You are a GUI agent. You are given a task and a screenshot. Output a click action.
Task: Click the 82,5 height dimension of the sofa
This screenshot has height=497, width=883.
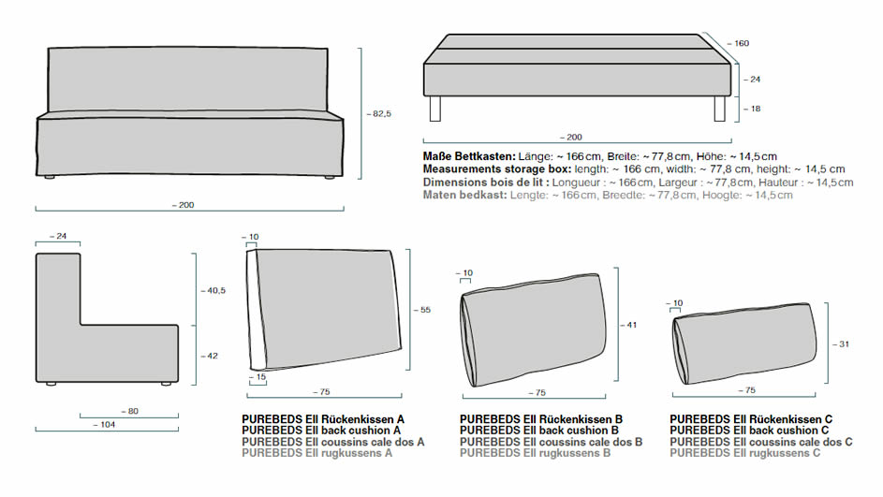379,113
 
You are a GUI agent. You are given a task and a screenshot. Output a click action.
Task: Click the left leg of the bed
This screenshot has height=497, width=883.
435,109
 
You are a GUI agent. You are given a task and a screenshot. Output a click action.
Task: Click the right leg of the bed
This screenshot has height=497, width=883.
719,109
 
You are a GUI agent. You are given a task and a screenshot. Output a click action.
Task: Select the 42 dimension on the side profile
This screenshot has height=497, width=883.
211,356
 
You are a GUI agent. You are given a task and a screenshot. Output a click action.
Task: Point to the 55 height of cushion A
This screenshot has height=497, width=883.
423,310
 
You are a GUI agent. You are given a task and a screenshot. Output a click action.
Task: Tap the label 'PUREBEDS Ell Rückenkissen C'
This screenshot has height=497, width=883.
751,419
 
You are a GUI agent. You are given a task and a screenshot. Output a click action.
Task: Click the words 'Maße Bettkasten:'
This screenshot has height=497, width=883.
464,155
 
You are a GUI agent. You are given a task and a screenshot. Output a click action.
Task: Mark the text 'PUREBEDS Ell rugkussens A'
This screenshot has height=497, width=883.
316,453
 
